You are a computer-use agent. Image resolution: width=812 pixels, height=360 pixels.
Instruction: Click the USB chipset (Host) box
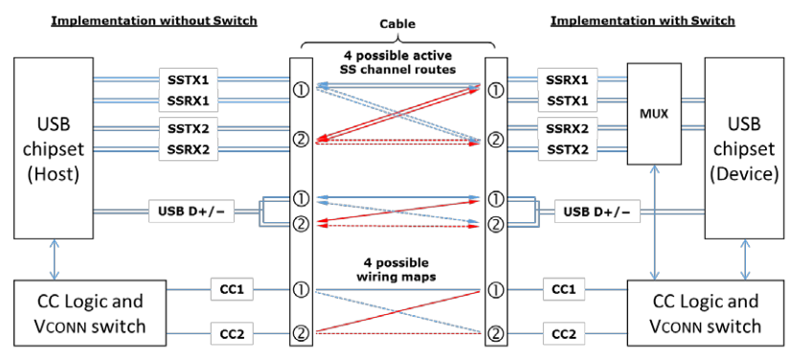pos(54,148)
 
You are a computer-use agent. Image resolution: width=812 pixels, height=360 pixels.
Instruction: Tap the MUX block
pos(653,112)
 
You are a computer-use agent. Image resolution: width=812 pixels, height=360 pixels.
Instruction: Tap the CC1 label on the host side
pos(233,287)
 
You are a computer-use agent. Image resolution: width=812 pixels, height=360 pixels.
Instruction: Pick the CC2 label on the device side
pos(562,334)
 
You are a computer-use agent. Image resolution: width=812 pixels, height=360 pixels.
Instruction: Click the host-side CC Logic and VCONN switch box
pos(90,313)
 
